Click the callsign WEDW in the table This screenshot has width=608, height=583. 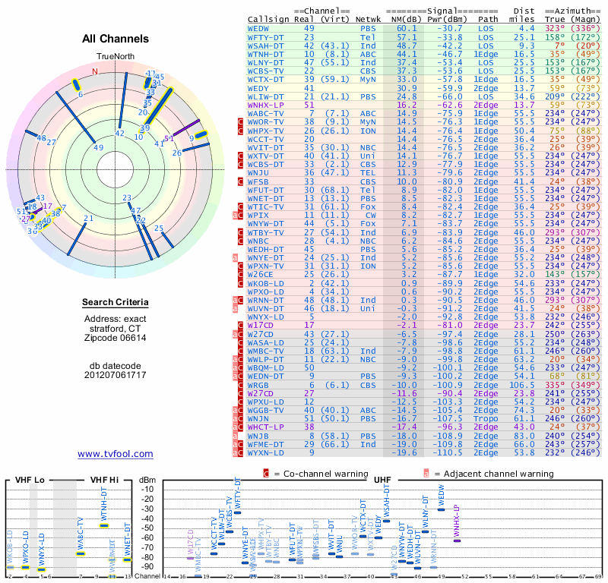pyautogui.click(x=258, y=27)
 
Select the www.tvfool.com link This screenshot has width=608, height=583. pyautogui.click(x=115, y=454)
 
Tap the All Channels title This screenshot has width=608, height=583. pyautogui.click(x=116, y=39)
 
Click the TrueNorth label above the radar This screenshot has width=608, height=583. pyautogui.click(x=115, y=57)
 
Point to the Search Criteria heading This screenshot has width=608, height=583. pyautogui.click(x=116, y=303)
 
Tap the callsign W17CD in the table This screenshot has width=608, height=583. pyautogui.click(x=261, y=324)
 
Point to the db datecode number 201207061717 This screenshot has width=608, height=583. pyautogui.click(x=116, y=375)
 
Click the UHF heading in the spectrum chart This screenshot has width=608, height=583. pyautogui.click(x=383, y=480)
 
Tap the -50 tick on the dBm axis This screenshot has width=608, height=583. pyautogui.click(x=147, y=528)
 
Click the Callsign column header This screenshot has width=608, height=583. pyautogui.click(x=269, y=19)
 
